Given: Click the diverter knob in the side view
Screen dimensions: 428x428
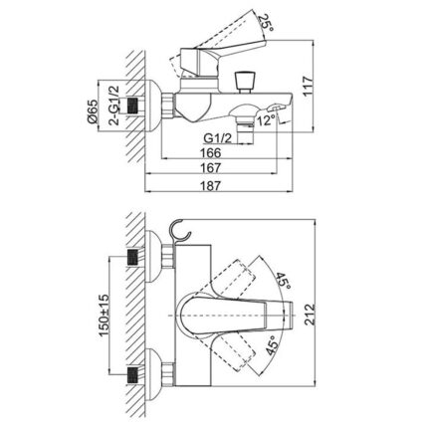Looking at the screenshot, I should tap(240, 81).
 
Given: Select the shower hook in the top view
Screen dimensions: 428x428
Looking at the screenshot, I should tap(181, 232).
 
